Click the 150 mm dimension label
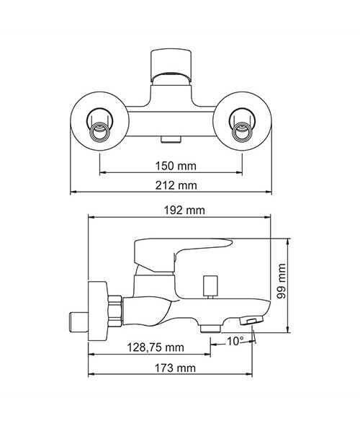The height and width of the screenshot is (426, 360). [176, 166]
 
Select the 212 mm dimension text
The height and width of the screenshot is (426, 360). [176, 185]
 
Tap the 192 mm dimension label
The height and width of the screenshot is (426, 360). [184, 210]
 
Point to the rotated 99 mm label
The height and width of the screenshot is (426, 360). [282, 281]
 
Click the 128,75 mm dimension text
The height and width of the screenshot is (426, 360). [156, 347]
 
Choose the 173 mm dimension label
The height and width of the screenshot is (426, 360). [175, 368]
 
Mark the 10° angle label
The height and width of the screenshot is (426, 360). [235, 341]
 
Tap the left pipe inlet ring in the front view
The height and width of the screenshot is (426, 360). [99, 131]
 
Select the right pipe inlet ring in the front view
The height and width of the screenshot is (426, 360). [242, 131]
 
